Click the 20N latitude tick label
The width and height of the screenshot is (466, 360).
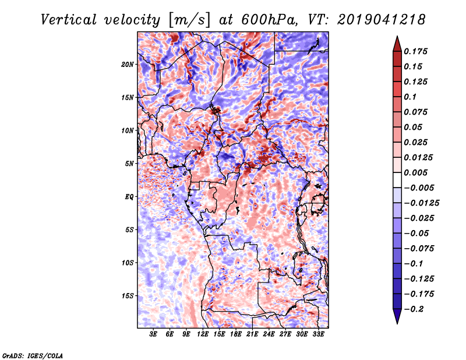pos(128,65)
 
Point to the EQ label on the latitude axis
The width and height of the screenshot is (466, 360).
pos(129,197)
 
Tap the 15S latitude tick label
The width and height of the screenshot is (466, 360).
pos(128,296)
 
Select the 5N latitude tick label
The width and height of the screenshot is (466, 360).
pos(129,164)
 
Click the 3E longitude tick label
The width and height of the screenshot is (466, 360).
pos(153,334)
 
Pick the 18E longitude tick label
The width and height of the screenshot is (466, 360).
pos(236,334)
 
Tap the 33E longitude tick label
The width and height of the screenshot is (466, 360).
pos(318,334)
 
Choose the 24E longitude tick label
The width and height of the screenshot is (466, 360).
pos(269,334)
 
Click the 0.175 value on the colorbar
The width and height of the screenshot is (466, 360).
pos(415,51)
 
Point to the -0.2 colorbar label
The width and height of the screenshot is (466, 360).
pos(414,309)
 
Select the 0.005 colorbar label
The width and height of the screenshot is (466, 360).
pos(415,172)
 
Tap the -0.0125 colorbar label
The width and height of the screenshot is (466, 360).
pos(421,203)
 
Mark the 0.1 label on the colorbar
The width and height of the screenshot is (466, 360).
pos(410,97)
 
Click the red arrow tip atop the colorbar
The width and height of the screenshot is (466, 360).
pos(397,36)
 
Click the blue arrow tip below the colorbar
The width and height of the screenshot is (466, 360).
pos(397,323)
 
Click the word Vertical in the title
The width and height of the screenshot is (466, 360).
pos(68,20)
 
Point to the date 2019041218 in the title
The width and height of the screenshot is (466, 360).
pos(382,20)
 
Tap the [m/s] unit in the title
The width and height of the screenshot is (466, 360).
pos(189,20)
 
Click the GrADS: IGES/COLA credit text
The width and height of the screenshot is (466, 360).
pos(33,355)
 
